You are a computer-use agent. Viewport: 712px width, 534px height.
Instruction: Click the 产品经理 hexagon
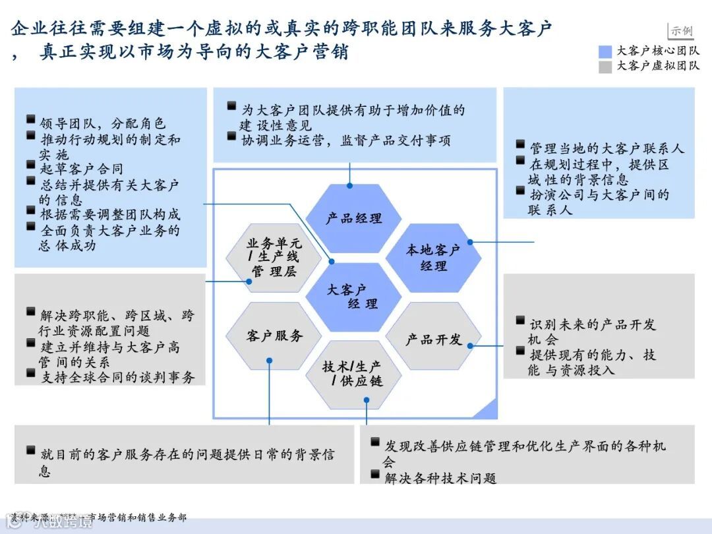click(x=354, y=218)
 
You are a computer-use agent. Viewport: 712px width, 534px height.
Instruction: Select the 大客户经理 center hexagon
click(x=354, y=297)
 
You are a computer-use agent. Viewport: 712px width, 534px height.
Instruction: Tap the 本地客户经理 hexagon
click(x=433, y=258)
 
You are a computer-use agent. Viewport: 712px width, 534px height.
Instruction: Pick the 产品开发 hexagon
click(x=433, y=339)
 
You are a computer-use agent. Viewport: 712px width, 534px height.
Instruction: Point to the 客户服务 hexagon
click(x=274, y=336)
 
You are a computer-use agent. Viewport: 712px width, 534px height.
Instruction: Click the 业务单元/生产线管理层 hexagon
click(x=274, y=258)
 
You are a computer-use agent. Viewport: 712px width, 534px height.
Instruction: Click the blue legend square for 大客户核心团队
click(x=605, y=51)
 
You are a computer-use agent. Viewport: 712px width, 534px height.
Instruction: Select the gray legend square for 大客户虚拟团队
click(x=605, y=67)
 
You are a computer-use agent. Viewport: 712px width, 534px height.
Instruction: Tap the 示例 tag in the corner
click(x=682, y=30)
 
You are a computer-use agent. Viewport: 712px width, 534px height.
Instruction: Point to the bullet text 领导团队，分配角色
click(x=102, y=123)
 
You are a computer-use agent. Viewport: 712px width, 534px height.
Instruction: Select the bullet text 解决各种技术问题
click(x=440, y=478)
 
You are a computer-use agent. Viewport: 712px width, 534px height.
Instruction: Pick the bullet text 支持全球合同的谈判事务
click(x=117, y=378)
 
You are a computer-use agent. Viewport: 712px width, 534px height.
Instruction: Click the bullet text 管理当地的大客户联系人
click(x=607, y=148)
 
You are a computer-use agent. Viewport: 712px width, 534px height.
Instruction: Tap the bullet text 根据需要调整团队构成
click(x=110, y=214)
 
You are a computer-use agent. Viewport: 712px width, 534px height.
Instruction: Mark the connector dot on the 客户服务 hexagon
click(x=270, y=360)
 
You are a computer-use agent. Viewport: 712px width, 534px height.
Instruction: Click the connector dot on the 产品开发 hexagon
click(x=470, y=343)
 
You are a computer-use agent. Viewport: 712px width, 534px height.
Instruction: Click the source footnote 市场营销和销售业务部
click(x=137, y=517)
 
